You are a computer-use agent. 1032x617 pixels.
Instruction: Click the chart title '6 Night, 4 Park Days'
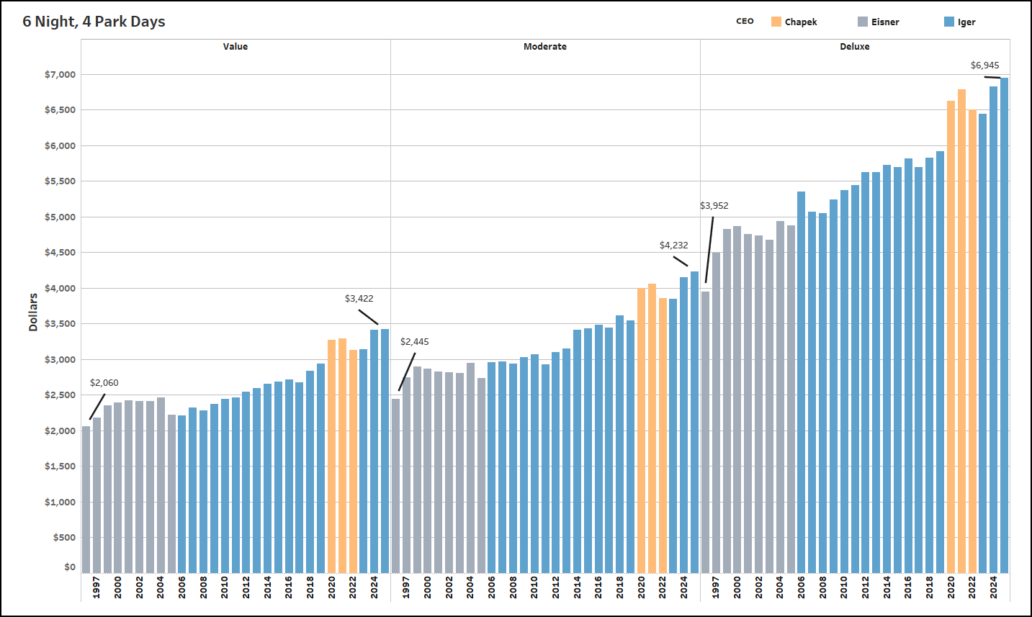(94, 22)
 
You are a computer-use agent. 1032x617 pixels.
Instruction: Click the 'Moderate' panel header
(544, 47)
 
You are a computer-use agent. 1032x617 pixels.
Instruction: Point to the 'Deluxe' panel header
(854, 47)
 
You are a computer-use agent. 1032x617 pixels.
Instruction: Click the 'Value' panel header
(235, 47)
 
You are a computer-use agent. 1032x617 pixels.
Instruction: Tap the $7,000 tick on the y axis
(60, 75)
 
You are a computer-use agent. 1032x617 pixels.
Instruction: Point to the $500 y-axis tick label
(63, 538)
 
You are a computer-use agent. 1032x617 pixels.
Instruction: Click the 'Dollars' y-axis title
(33, 312)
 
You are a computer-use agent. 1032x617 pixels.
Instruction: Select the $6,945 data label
(984, 66)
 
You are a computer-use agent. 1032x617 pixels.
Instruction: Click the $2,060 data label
(104, 383)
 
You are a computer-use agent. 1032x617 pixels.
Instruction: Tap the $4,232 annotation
(673, 246)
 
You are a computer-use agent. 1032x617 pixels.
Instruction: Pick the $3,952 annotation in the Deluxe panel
(714, 206)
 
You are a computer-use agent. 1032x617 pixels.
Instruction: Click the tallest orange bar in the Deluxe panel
(961, 331)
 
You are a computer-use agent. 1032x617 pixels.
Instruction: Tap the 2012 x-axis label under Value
(246, 587)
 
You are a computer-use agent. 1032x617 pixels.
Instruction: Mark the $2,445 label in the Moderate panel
(414, 342)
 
